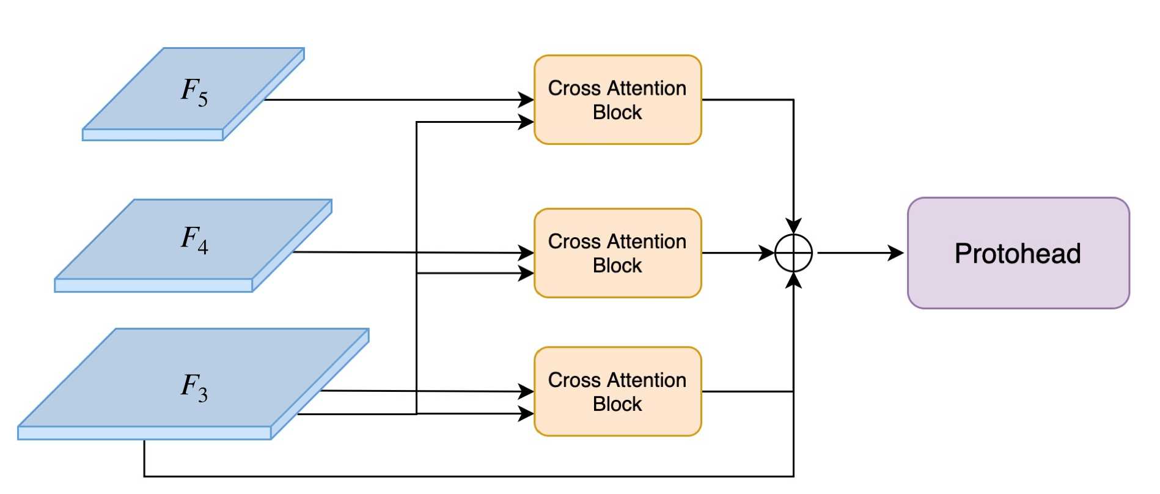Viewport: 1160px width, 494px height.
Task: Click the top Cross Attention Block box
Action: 617,100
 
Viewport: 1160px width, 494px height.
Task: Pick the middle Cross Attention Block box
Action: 617,253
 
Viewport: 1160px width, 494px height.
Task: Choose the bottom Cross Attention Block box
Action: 617,391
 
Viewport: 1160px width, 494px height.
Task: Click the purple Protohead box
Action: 1018,253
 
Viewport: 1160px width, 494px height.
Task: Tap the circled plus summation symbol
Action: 793,253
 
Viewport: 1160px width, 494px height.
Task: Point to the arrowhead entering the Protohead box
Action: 896,253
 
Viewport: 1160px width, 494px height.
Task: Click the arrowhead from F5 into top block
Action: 526,100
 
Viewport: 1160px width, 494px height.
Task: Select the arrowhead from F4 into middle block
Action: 526,253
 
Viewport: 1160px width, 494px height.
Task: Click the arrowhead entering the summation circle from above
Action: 793,226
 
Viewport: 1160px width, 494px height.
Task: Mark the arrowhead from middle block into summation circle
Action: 766,253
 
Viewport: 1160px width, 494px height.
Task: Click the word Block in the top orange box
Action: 617,112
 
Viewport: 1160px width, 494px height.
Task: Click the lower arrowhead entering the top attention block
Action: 526,122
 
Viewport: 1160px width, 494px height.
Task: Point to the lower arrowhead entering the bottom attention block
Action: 526,414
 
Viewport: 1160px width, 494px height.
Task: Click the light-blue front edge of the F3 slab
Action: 144,433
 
